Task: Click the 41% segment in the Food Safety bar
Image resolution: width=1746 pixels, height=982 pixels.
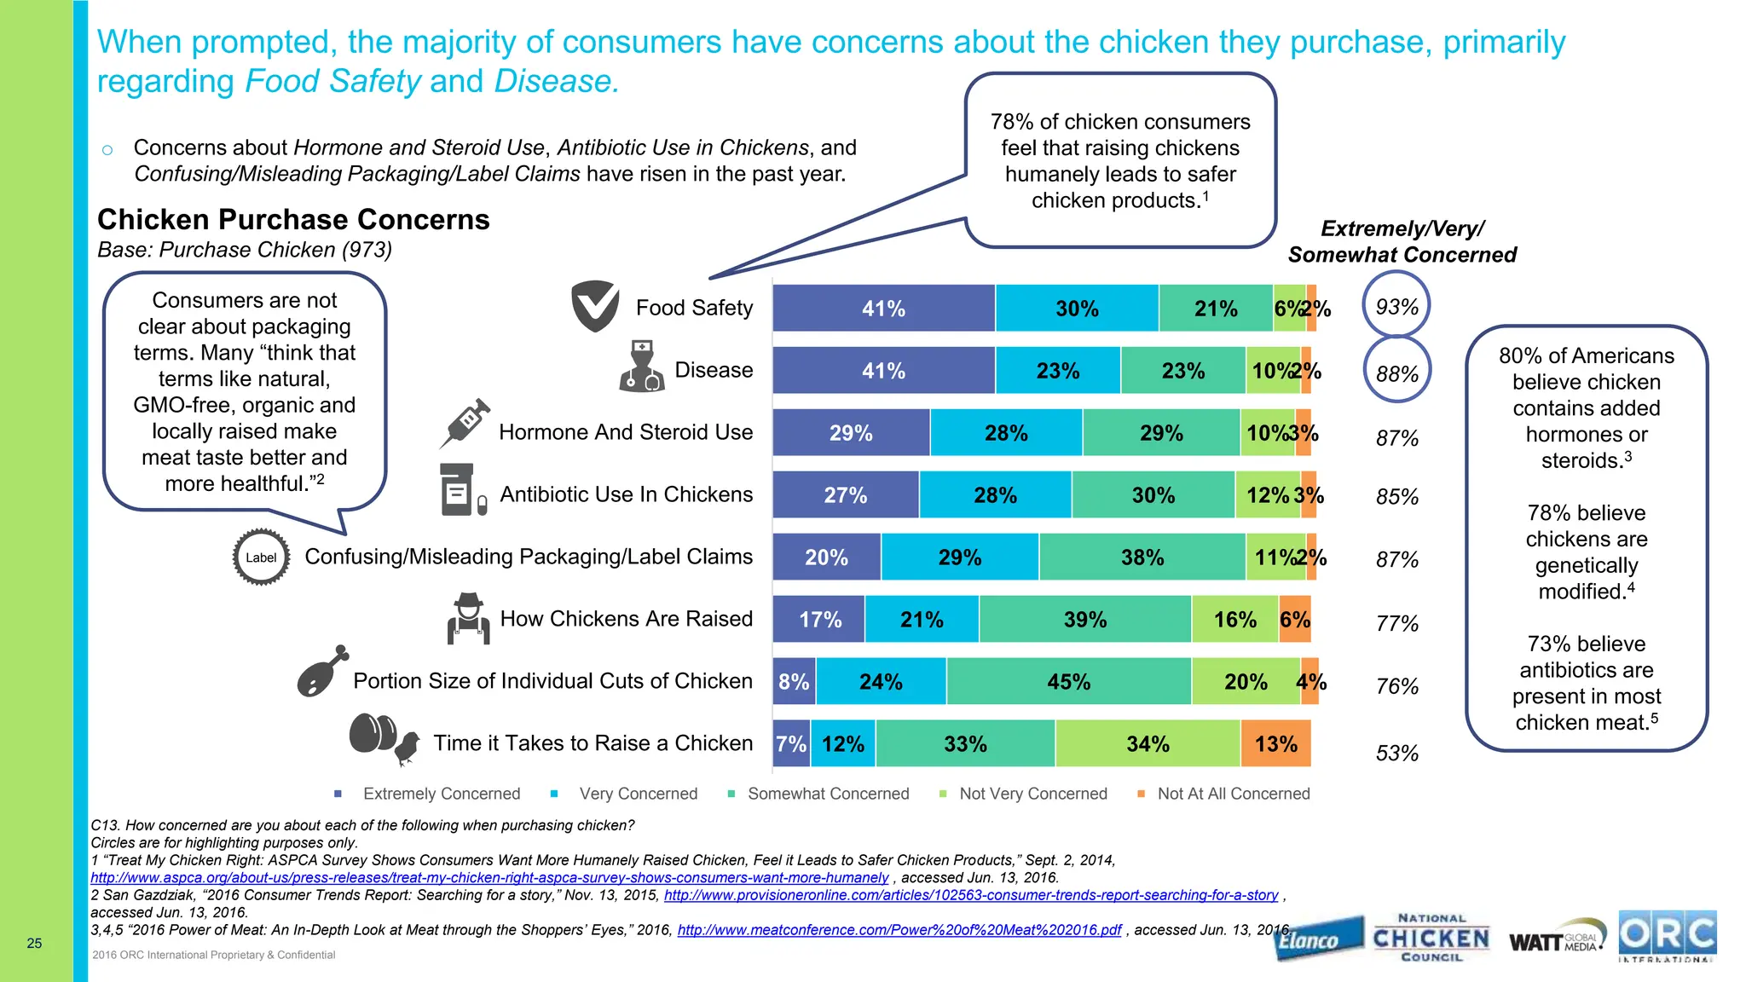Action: tap(883, 309)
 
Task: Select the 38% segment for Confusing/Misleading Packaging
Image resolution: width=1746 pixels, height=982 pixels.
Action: tap(1142, 557)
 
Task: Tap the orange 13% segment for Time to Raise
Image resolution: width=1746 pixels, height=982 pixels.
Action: tap(1275, 744)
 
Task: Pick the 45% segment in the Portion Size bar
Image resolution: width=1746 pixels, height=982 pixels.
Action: tap(1068, 682)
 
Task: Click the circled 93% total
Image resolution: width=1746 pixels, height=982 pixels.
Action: tap(1396, 307)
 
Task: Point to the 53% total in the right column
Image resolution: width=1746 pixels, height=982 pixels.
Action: tap(1396, 754)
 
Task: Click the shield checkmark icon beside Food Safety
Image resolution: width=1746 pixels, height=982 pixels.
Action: tap(594, 306)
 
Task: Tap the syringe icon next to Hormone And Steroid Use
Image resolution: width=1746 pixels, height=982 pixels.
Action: tap(465, 423)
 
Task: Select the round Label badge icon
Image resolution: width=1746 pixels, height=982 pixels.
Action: tap(261, 557)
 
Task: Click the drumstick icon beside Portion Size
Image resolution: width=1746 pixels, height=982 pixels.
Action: tap(321, 673)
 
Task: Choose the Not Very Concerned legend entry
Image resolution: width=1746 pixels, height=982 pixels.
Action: tap(1032, 794)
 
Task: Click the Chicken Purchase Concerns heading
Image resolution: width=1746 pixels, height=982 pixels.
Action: tap(293, 220)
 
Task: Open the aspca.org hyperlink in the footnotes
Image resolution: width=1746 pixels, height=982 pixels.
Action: tap(489, 878)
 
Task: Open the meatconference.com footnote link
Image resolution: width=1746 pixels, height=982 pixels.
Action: tap(899, 930)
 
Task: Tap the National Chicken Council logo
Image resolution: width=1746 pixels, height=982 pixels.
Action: tap(1431, 938)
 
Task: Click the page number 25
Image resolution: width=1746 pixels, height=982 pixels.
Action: tap(34, 943)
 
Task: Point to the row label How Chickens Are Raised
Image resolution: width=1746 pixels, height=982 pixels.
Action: tap(626, 619)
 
